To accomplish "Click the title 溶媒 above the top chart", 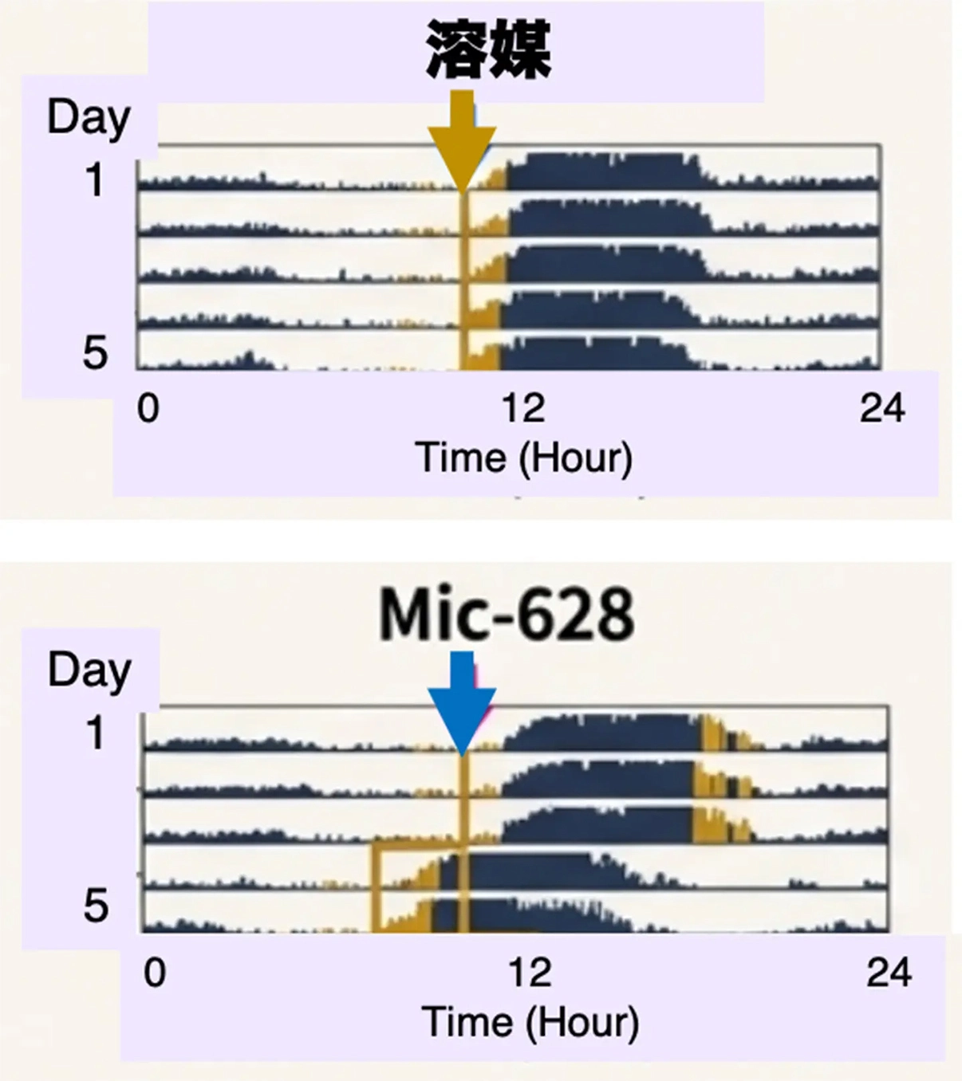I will coord(488,49).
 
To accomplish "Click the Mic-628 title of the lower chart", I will coord(507,614).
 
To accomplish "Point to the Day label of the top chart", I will coord(89,118).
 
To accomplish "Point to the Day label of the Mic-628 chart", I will coord(89,670).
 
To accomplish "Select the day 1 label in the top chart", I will coord(95,180).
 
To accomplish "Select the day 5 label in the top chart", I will coord(95,352).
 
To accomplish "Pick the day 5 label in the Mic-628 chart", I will coord(96,906).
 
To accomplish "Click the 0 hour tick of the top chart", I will coord(148,408).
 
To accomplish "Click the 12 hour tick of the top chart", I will coord(523,408).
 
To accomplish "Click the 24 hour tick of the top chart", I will coord(882,408).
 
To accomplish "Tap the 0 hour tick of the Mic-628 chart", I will coord(155,973).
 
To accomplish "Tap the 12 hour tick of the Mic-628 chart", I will coord(529,973).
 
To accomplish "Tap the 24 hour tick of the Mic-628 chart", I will coord(889,973).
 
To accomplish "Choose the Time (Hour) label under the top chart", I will coord(524,458).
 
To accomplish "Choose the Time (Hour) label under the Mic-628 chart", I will coord(530,1022).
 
